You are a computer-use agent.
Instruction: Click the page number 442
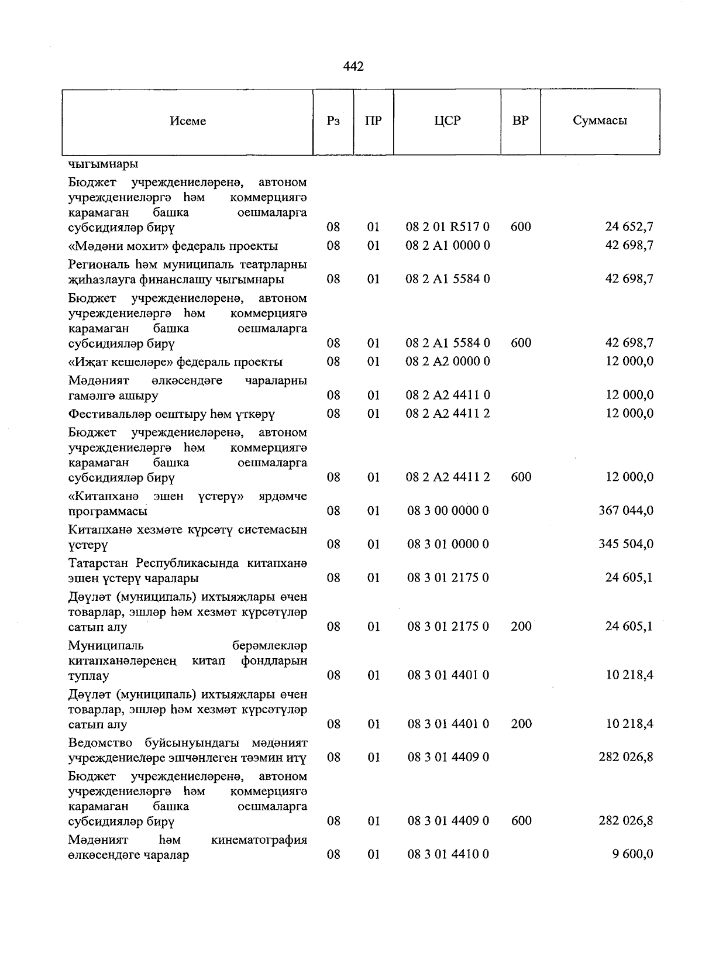[x=353, y=67]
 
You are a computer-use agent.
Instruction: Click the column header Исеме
[x=188, y=121]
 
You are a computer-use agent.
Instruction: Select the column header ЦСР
[x=447, y=121]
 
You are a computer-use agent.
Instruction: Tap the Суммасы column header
[x=600, y=121]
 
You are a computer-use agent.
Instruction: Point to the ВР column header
[x=520, y=121]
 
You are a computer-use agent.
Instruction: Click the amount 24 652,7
[x=629, y=227]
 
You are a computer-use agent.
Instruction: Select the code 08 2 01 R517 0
[x=448, y=227]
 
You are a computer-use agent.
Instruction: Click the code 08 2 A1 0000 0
[x=448, y=245]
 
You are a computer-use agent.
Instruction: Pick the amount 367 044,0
[x=625, y=511]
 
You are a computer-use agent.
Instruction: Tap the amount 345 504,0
[x=625, y=544]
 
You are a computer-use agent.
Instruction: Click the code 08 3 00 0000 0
[x=448, y=511]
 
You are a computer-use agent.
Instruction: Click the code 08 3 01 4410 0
[x=448, y=855]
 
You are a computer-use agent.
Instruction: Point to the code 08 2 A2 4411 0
[x=448, y=396]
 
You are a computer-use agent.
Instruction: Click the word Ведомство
[x=102, y=743]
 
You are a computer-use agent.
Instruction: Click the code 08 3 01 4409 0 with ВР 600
[x=448, y=821]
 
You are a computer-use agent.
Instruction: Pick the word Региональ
[x=98, y=264]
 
